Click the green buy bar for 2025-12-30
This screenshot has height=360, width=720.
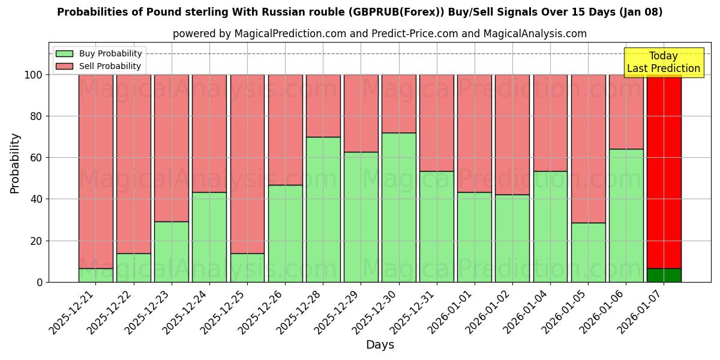tap(399, 207)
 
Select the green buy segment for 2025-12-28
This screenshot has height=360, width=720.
tap(323, 209)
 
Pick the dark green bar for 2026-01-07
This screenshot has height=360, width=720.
tap(664, 275)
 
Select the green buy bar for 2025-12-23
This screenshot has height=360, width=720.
tap(172, 251)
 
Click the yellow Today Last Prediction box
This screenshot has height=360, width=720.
tap(664, 62)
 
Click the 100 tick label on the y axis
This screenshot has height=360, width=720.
tap(34, 75)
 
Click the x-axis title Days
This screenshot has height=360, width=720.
tap(380, 345)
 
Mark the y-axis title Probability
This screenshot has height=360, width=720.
tap(15, 163)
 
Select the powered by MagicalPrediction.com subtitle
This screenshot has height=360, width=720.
tap(380, 34)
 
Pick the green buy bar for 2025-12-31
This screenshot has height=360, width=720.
tap(437, 226)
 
